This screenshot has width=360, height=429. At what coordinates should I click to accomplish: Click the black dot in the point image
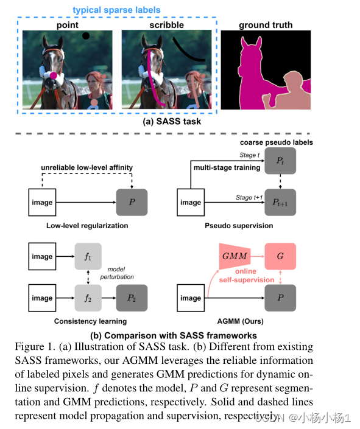pyautogui.click(x=86, y=36)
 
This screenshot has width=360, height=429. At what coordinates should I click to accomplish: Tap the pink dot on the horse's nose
pyautogui.click(x=54, y=75)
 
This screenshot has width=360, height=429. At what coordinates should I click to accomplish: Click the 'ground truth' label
pyautogui.click(x=266, y=25)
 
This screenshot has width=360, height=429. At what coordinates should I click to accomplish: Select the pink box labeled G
pyautogui.click(x=280, y=256)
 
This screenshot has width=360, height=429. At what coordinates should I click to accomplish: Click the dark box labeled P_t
pyautogui.click(x=280, y=161)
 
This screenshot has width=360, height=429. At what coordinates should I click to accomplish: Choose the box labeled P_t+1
pyautogui.click(x=280, y=203)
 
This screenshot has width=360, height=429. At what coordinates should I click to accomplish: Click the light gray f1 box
pyautogui.click(x=89, y=256)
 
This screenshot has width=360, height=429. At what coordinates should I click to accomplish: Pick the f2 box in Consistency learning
pyautogui.click(x=89, y=298)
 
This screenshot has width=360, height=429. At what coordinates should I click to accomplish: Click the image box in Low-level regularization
pyautogui.click(x=42, y=203)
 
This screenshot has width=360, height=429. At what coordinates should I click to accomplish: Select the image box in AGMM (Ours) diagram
pyautogui.click(x=191, y=298)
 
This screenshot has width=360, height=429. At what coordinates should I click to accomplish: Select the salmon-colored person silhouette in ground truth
pyautogui.click(x=286, y=91)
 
